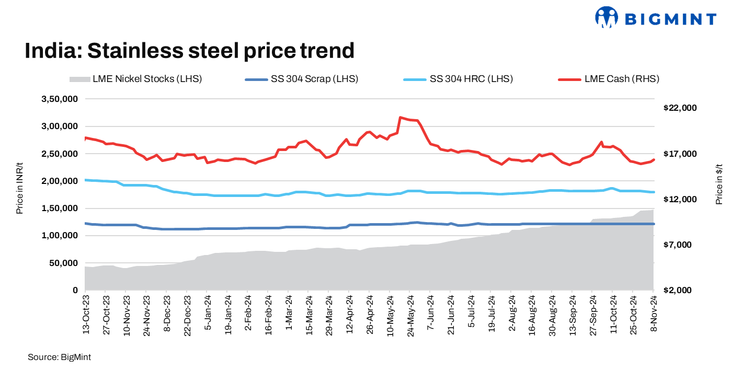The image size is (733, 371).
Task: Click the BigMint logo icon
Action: [606, 17]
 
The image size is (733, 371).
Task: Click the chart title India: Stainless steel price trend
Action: [190, 51]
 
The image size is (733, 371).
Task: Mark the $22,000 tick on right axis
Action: [680, 108]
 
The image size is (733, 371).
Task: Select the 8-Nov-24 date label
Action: [654, 312]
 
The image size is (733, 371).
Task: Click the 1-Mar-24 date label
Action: [288, 313]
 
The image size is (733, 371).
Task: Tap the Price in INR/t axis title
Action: [19, 194]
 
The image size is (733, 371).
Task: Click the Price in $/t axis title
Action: [719, 182]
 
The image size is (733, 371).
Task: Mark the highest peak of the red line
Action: [400, 118]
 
